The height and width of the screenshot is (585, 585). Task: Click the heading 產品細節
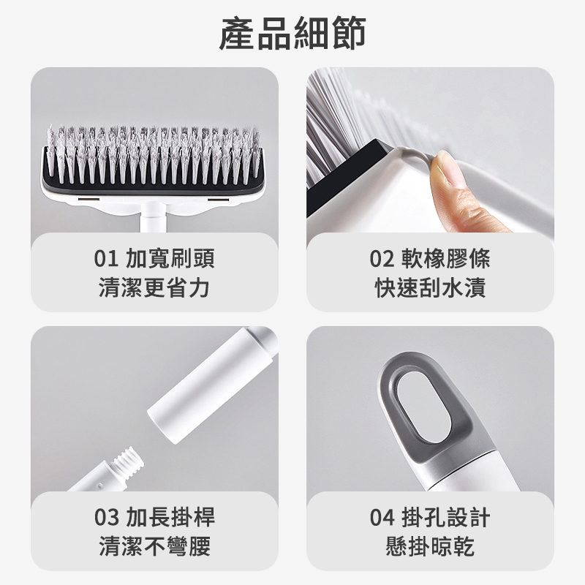point(292,34)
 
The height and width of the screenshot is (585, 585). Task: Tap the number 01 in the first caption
point(106,259)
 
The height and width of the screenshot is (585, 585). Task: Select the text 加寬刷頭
point(170,259)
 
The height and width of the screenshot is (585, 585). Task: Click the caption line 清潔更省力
point(154,287)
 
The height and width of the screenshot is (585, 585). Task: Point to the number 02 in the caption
point(382,259)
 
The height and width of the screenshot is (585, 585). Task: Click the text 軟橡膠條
point(446,259)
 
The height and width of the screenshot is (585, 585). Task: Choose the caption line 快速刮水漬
point(430,287)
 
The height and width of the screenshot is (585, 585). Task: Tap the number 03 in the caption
point(106,518)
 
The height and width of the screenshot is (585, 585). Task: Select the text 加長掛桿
point(170,518)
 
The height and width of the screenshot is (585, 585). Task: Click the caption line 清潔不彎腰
point(155,546)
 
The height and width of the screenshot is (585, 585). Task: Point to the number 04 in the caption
point(382,518)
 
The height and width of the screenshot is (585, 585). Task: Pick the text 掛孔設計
point(446,518)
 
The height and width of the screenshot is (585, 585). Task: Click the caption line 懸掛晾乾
point(430,546)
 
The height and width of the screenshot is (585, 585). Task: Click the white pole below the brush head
point(154,217)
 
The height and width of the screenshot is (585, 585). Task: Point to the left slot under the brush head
point(88,200)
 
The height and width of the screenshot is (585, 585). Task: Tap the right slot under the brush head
point(218,200)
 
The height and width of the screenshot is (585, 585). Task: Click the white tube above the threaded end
point(213,385)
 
